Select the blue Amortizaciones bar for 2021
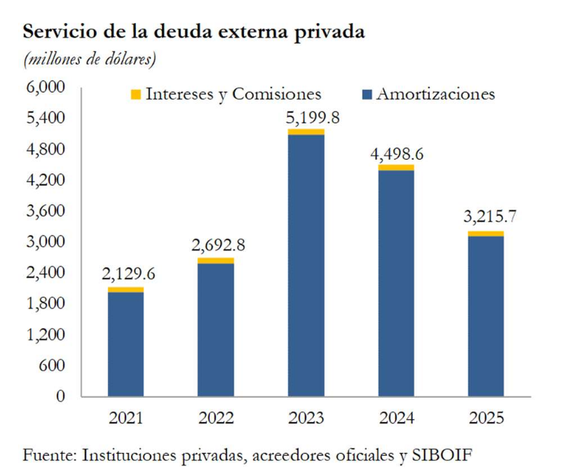pos(125,344)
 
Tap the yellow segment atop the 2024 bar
pos(396,168)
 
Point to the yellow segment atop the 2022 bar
pos(216,261)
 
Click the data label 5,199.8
pos(312,117)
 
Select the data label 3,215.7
pos(489,217)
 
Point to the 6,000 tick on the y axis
pos(45,87)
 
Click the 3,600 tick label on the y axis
pos(45,210)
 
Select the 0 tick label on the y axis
pos(60,396)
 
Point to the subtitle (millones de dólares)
pos(90,60)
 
